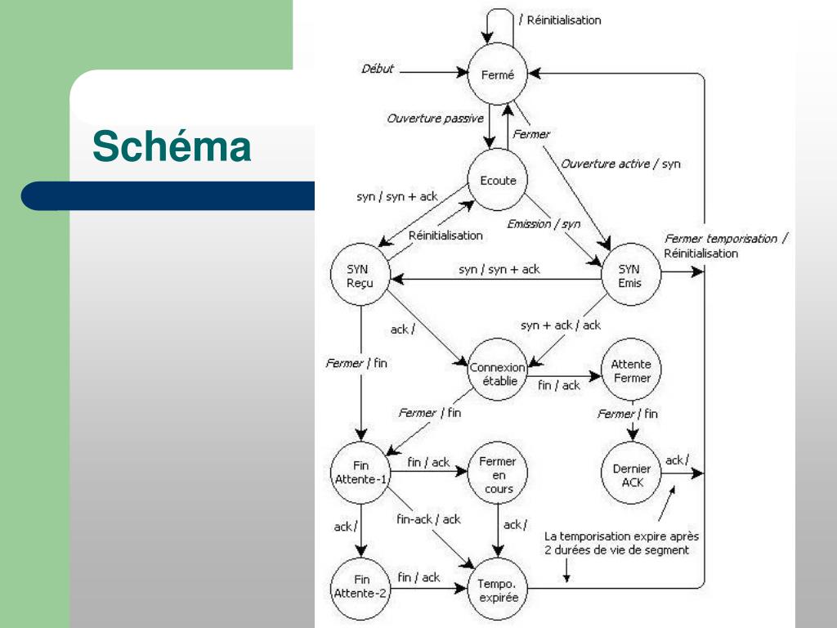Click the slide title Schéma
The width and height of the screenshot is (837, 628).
[172, 147]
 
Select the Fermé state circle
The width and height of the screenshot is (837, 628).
[498, 75]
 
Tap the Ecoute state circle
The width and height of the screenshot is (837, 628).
[498, 181]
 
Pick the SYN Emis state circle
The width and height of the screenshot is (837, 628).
[629, 276]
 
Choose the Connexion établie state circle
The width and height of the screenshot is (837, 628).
[498, 375]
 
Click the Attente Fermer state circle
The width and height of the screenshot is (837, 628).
[631, 371]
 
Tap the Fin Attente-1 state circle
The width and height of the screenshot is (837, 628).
[360, 473]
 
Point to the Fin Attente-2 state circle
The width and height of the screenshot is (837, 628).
[360, 585]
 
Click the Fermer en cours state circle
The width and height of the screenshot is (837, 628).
[498, 475]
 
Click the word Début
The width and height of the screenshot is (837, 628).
[377, 69]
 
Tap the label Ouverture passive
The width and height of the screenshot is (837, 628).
[434, 119]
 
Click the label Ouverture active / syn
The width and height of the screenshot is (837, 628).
[620, 164]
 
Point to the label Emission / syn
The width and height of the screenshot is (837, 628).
[544, 223]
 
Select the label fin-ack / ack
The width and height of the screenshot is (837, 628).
[428, 519]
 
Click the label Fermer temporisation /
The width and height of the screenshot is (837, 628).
[726, 239]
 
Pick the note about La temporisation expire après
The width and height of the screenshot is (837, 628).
[621, 536]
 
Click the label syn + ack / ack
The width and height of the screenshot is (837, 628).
[560, 325]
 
